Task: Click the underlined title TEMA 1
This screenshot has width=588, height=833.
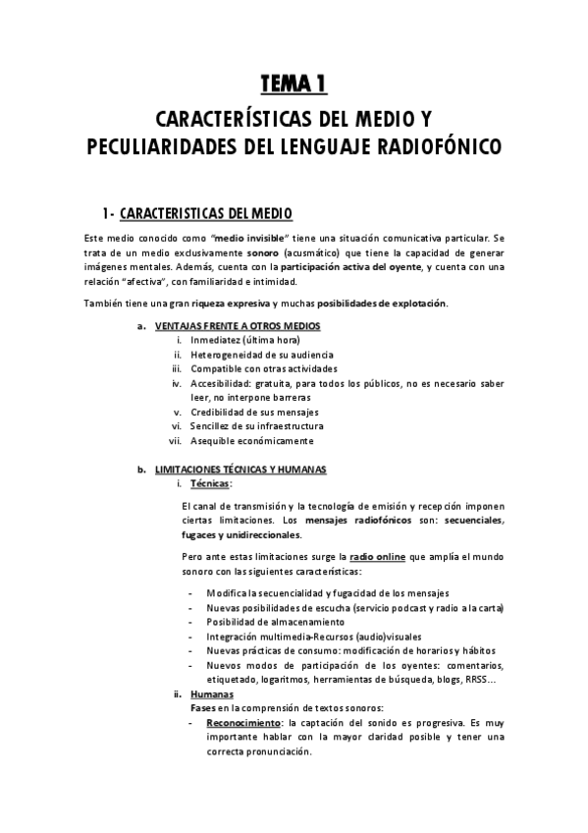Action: coord(294,85)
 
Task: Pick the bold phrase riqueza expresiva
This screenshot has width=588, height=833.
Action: coord(231,302)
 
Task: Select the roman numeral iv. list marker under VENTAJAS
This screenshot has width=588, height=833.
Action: coord(177,383)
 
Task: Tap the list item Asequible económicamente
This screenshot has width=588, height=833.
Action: coord(253,441)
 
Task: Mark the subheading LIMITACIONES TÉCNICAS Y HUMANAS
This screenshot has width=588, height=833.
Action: coord(241,470)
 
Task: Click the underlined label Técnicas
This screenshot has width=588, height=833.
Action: coord(210,484)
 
